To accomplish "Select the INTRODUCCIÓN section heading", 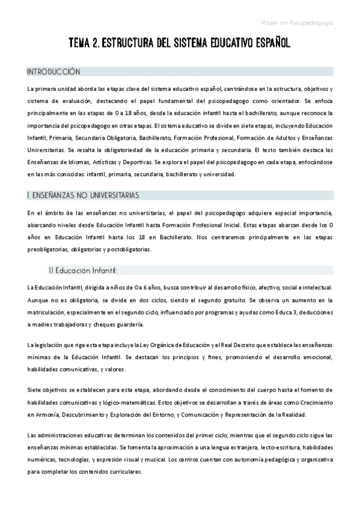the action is click(x=53, y=72).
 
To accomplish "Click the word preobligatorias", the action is click(x=49, y=249).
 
